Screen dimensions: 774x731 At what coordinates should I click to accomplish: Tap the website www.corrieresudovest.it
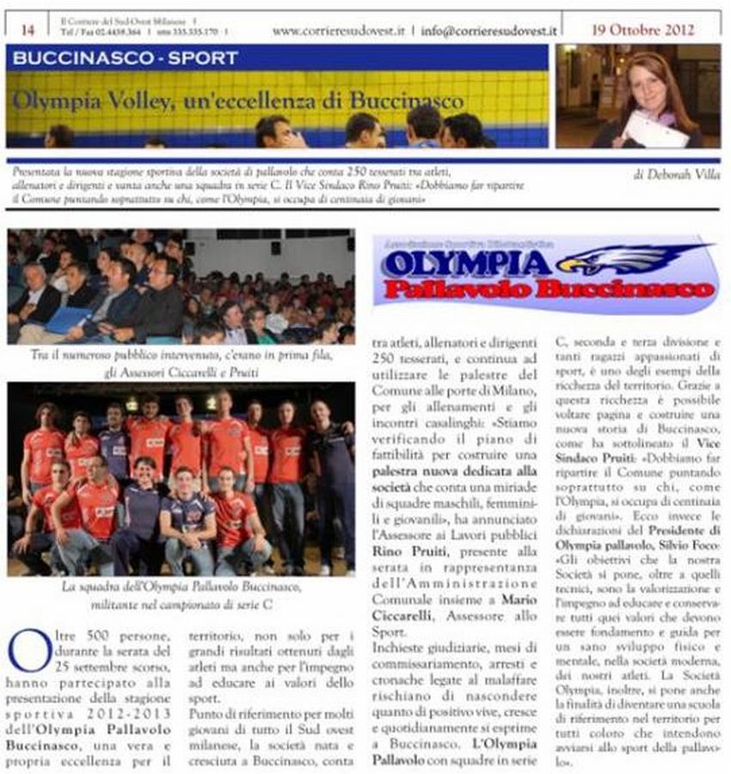coord(338,30)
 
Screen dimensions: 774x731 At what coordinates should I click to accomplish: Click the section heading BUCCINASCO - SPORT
coord(126,58)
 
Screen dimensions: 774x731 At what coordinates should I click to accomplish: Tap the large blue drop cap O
coord(28,651)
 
